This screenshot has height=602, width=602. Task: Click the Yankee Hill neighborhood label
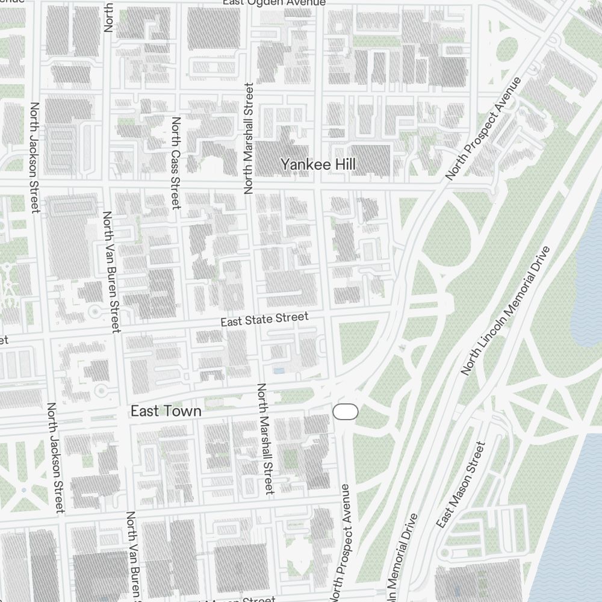coord(318,164)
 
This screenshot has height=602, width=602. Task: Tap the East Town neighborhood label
coord(166,411)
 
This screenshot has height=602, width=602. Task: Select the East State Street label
coord(264,320)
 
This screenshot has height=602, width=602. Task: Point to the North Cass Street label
coord(176,163)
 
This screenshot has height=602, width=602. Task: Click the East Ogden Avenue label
coord(274,3)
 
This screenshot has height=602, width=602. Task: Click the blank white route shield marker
coord(346,412)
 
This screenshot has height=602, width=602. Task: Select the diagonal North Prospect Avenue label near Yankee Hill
coord(483,129)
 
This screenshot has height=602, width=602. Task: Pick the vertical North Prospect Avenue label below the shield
coord(344,539)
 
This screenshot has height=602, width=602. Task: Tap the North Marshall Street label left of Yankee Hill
coord(249,138)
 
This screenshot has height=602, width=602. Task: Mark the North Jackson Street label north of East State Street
coord(34,158)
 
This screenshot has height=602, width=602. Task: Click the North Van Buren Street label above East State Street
coord(111,272)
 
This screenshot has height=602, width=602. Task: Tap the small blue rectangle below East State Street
coord(279,370)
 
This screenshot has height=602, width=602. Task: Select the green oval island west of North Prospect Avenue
coord(507,49)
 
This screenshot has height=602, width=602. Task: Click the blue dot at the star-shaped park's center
coord(24,490)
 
